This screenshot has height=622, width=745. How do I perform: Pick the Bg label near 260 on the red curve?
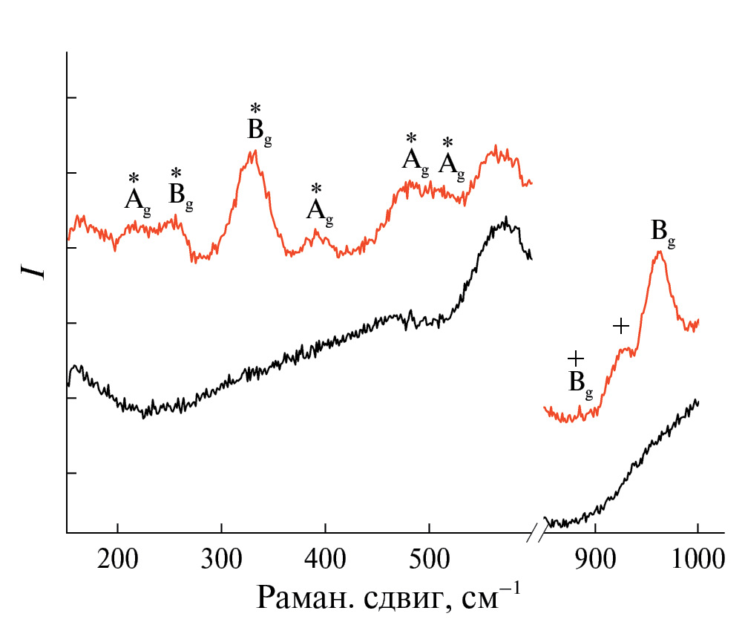tap(180, 195)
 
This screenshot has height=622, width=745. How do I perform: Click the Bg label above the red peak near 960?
tap(663, 231)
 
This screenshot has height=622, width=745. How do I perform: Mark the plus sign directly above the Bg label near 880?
tap(576, 359)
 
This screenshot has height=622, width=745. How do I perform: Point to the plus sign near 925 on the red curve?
tap(621, 325)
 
